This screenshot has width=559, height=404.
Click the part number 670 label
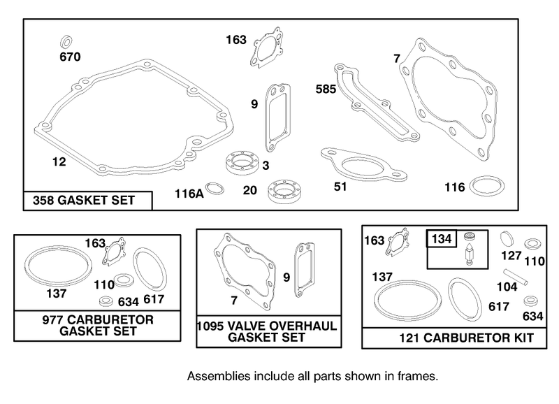(x=70, y=57)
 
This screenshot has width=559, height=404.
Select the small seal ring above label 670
(x=66, y=41)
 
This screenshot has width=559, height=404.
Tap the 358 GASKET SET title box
(x=88, y=201)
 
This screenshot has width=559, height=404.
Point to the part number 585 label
(x=326, y=89)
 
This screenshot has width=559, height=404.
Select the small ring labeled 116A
(x=215, y=188)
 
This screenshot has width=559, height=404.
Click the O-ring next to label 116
(x=487, y=185)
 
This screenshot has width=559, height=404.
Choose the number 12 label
(x=59, y=162)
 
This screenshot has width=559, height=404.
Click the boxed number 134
(x=442, y=238)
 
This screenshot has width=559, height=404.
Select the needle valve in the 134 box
(x=469, y=256)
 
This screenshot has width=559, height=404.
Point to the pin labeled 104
(x=516, y=277)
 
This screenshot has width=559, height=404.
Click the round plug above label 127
(x=507, y=238)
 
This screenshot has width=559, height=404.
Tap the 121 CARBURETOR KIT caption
(x=466, y=338)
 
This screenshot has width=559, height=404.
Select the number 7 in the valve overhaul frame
(x=234, y=301)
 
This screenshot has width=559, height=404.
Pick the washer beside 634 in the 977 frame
(x=106, y=301)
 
